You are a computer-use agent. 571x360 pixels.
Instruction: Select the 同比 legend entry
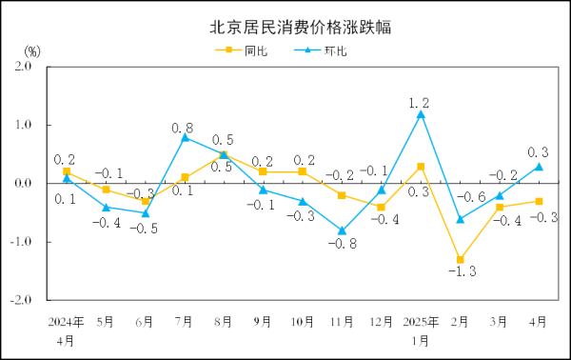(246, 50)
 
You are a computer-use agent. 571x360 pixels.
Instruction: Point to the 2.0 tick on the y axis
(21, 67)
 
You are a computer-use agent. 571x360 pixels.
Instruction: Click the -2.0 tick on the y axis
(19, 298)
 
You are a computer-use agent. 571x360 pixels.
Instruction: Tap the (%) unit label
(31, 50)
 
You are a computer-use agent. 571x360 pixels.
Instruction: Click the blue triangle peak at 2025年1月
(420, 114)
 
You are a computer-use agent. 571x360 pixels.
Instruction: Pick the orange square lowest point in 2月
(460, 259)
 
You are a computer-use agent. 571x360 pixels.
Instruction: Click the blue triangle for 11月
(341, 230)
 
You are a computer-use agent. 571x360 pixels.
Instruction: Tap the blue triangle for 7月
(185, 137)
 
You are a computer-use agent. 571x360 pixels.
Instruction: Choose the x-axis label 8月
(224, 322)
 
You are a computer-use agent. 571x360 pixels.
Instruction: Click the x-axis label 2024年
(66, 322)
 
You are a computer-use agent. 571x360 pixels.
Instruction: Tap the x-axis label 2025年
(420, 322)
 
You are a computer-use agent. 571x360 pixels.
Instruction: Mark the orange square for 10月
(302, 171)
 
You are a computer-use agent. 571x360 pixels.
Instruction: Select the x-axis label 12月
(380, 322)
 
